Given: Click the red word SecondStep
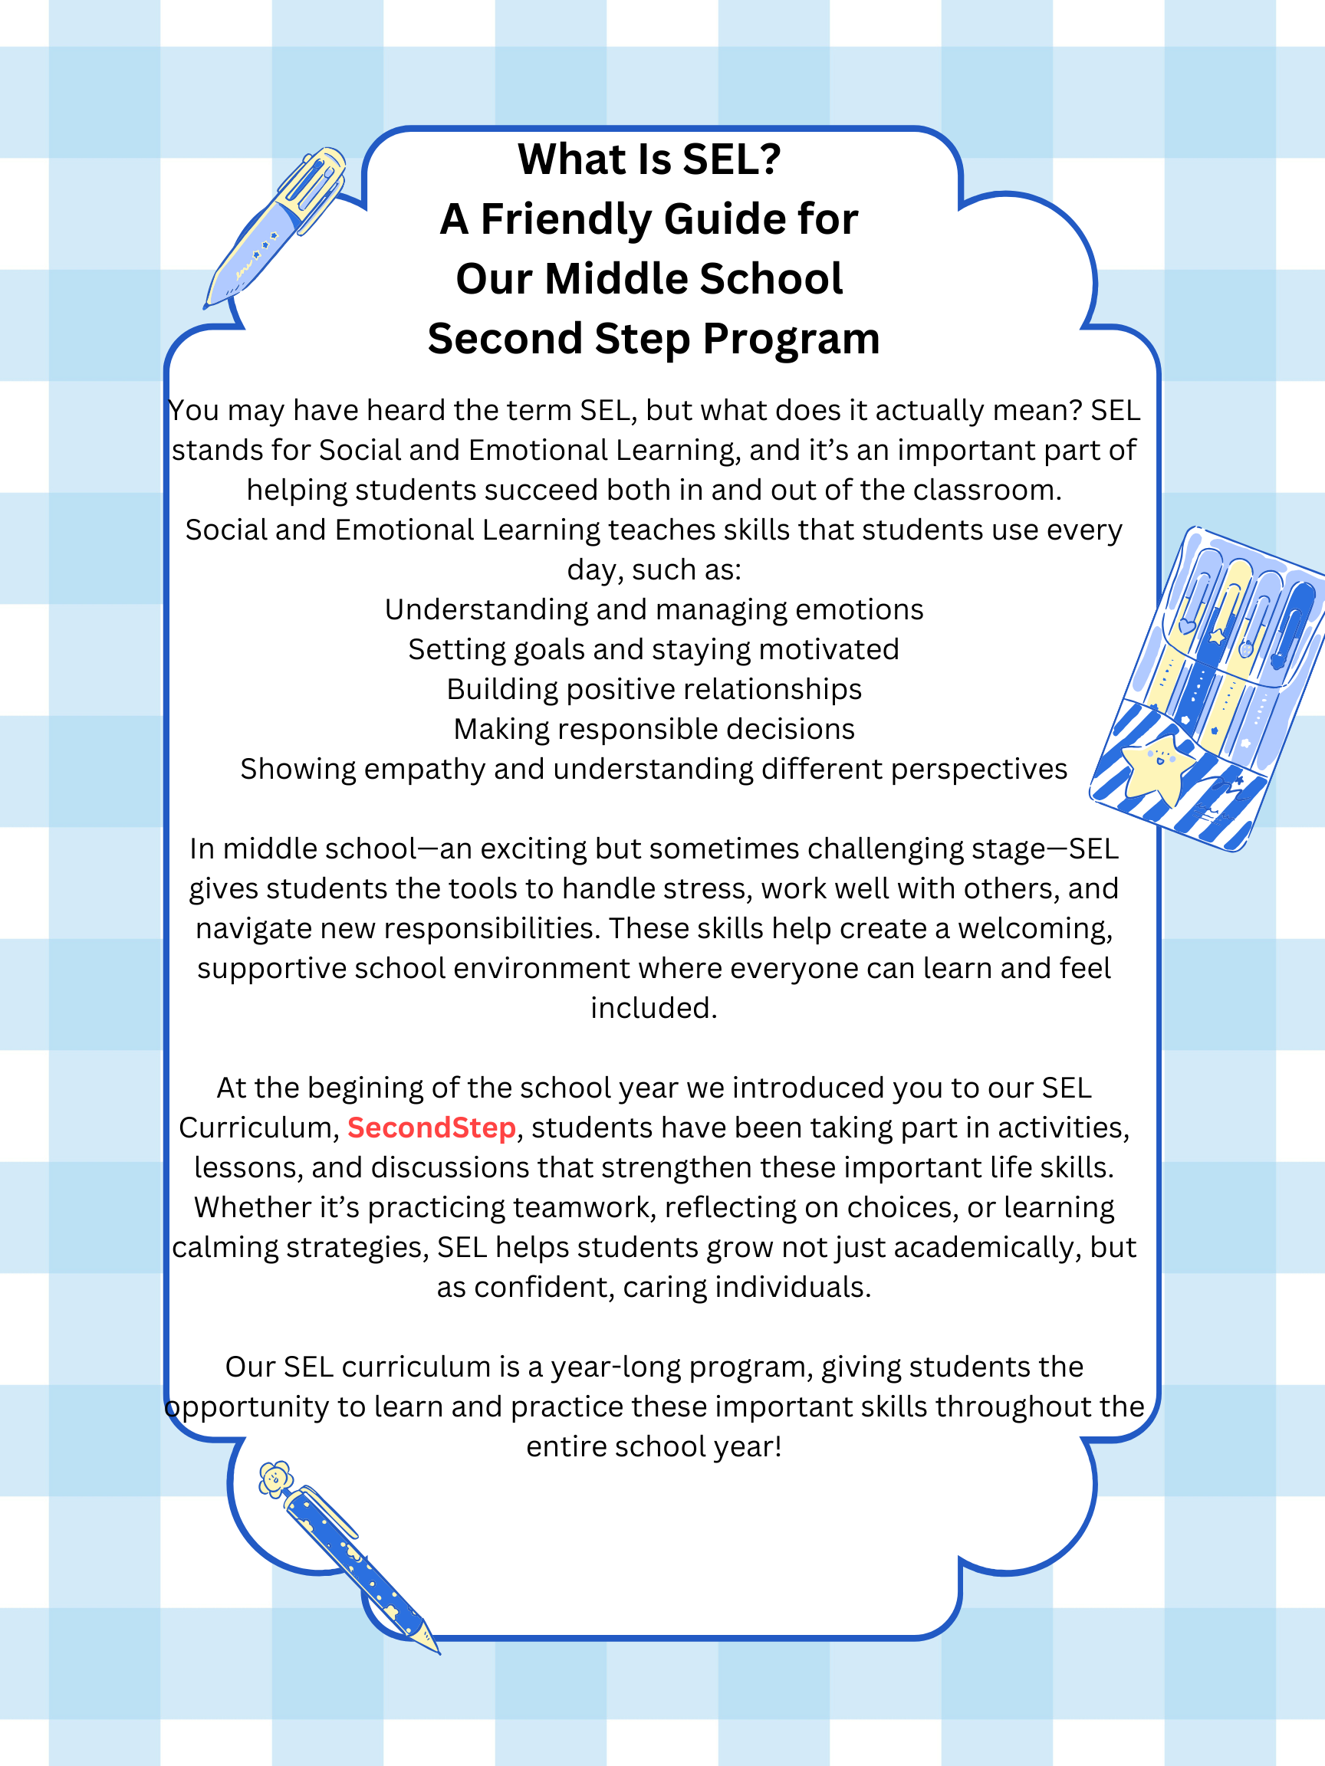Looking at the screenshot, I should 431,1128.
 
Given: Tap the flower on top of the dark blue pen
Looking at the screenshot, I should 275,1479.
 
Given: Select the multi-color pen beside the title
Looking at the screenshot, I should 275,228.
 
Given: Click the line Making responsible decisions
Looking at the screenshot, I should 654,729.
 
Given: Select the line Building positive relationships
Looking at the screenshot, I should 654,689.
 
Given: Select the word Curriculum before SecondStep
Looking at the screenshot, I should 258,1128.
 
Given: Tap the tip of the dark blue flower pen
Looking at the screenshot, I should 436,1650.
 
